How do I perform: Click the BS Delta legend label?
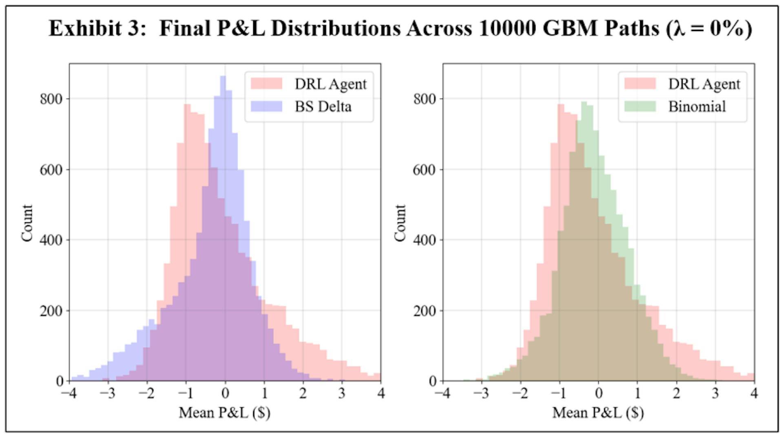(x=323, y=106)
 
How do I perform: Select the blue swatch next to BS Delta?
(x=266, y=106)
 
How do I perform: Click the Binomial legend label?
(x=697, y=106)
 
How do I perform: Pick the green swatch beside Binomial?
(x=640, y=106)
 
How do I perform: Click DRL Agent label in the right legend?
(x=704, y=84)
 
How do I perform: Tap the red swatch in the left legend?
(x=266, y=84)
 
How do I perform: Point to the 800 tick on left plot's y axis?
(x=51, y=99)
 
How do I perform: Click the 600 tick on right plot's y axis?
(x=425, y=170)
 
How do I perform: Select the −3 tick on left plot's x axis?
(x=108, y=393)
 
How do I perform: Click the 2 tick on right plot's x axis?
(x=677, y=393)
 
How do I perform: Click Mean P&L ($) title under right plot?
(x=598, y=413)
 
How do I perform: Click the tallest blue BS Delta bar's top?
(x=223, y=76)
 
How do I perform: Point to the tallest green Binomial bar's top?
(x=584, y=102)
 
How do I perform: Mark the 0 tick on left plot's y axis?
(x=60, y=381)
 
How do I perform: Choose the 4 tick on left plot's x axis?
(x=381, y=393)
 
